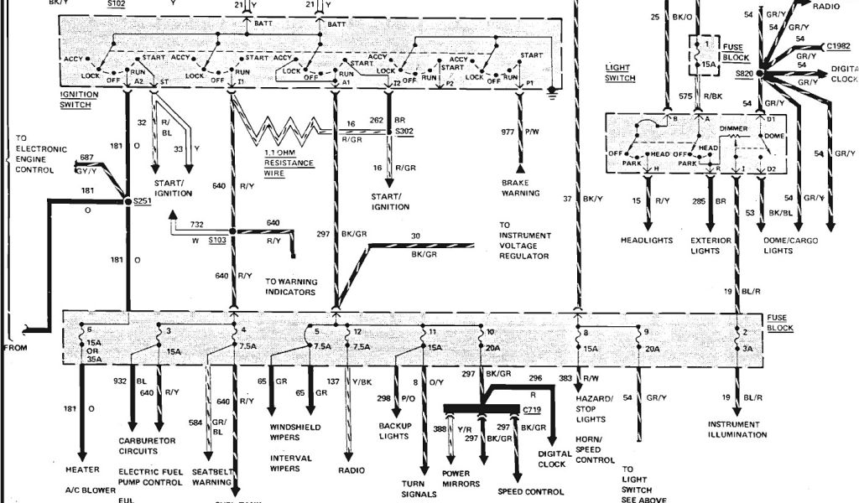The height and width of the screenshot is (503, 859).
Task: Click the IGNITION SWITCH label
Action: point(79,99)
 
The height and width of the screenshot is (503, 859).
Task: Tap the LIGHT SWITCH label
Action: point(620,72)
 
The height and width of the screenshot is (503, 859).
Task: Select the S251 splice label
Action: point(140,202)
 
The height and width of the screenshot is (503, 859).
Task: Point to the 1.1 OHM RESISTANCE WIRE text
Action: point(289,163)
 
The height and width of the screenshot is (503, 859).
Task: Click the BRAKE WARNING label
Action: point(520,187)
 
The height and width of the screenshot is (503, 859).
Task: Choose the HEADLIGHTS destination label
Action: point(647,241)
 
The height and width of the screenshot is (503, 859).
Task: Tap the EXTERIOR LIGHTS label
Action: point(711,245)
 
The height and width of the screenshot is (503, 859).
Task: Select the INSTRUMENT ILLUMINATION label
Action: point(737,429)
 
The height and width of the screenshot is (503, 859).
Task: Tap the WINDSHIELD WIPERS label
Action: point(294,432)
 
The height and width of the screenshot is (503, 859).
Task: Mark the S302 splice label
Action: point(405,132)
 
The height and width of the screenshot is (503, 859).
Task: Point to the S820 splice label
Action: point(743,74)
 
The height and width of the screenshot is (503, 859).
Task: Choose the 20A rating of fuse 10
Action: point(493,347)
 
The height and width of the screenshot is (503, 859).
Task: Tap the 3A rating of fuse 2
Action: point(747,347)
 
